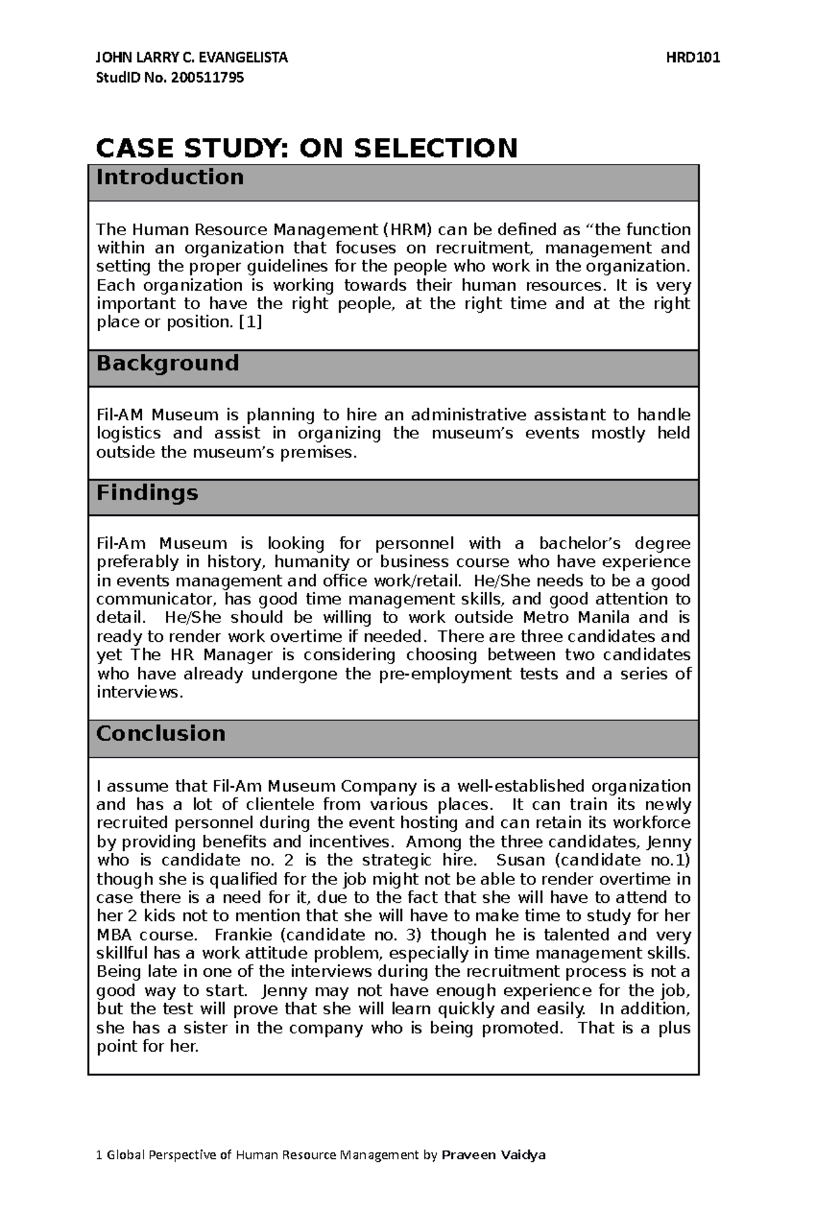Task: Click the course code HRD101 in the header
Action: (693, 58)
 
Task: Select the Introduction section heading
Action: (170, 177)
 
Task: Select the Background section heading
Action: (167, 363)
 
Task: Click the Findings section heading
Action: (147, 493)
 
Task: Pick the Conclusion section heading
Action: (160, 733)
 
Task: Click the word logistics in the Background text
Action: (129, 434)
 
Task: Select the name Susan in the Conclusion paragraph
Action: (521, 861)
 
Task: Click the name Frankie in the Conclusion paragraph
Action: (243, 935)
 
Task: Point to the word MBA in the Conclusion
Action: (114, 935)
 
